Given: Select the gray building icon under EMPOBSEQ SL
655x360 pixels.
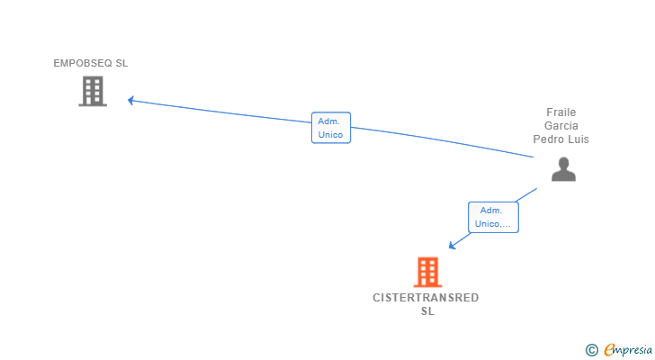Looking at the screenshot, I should click(93, 91).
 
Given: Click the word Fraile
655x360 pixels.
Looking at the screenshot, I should click(561, 112).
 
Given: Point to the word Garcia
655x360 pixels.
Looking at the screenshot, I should click(561, 126).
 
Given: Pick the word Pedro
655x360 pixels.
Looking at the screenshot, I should click(548, 139).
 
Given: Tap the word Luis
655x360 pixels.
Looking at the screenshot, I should click(578, 139).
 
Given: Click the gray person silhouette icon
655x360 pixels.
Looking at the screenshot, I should click(563, 169).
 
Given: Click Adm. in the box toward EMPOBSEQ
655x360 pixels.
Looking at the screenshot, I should click(330, 121).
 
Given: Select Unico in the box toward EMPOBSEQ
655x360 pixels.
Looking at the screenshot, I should click(330, 135).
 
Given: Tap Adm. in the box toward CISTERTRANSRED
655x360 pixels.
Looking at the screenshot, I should click(492, 210).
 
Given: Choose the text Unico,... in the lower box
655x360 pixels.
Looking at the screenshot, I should click(492, 224).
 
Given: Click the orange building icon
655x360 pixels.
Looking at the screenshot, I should click(427, 272).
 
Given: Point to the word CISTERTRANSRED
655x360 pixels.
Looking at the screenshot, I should click(426, 298).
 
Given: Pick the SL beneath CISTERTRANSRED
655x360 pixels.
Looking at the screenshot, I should click(427, 311).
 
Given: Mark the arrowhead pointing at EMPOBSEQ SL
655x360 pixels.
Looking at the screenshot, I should click(131, 100).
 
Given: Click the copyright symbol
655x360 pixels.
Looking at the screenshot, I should click(591, 349).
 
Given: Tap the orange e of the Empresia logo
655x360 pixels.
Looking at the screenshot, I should click(609, 349).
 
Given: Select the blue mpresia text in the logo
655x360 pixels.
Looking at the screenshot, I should click(632, 349).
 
